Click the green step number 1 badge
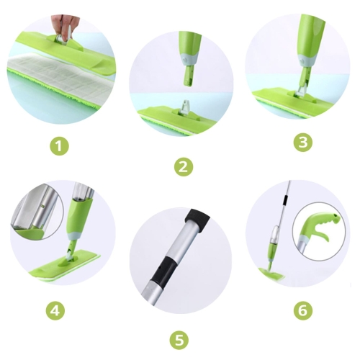coord(60,146)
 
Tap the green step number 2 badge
coord(183,166)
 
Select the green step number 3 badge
coord(303,142)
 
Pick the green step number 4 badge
coord(55,311)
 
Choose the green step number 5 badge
coord(179,341)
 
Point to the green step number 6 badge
coord(303,311)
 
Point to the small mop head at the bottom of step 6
coord(272,274)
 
